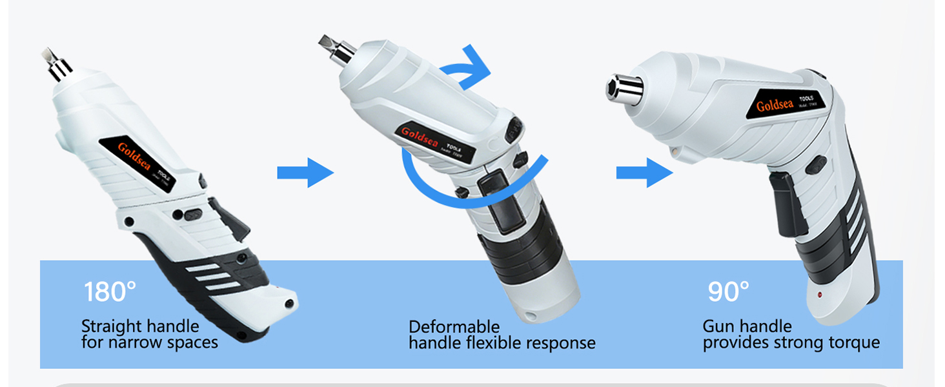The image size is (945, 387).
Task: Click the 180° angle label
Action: tap(110, 292)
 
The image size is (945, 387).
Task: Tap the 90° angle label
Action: tap(728, 292)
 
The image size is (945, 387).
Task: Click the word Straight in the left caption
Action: tap(108, 326)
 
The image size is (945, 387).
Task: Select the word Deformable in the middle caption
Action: tap(454, 326)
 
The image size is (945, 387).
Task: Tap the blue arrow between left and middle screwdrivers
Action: tap(305, 173)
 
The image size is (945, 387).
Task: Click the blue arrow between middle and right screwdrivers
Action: tap(644, 173)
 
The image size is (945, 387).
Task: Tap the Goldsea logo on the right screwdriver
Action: tap(776, 104)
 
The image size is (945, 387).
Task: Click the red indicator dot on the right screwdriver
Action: tap(818, 295)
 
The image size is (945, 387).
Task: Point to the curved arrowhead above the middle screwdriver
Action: tap(476, 61)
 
